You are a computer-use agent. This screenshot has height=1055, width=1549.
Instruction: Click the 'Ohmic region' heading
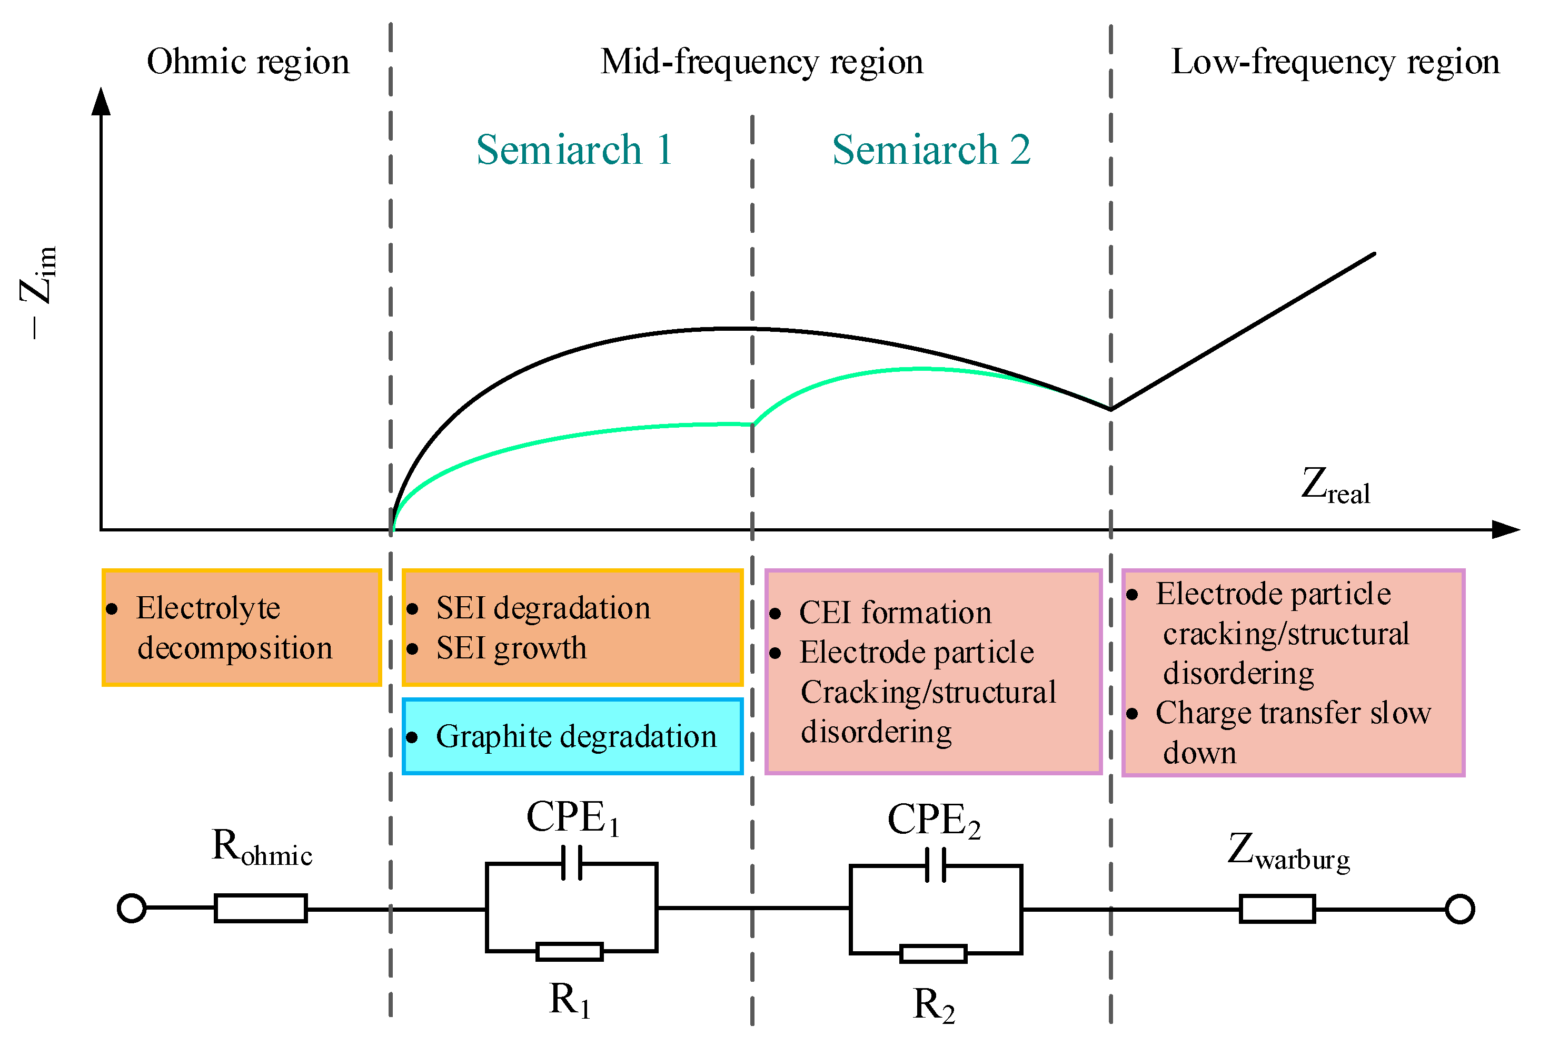[247, 62]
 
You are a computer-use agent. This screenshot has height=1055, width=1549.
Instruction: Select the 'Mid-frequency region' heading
[761, 62]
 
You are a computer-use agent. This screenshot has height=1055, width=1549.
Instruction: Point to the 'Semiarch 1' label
[574, 150]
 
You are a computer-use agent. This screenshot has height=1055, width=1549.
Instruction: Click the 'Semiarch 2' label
[930, 150]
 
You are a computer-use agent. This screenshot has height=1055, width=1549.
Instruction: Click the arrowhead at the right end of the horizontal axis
[1505, 529]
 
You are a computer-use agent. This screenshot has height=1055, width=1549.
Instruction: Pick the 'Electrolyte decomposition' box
[241, 627]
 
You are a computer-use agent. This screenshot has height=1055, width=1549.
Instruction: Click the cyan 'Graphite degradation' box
[572, 736]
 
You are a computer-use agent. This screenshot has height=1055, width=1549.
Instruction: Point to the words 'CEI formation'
[895, 612]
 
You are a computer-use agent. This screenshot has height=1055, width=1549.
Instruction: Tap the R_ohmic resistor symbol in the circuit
[261, 908]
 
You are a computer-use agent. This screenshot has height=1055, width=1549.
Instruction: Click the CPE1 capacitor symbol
[571, 863]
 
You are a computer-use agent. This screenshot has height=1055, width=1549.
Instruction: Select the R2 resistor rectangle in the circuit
[932, 954]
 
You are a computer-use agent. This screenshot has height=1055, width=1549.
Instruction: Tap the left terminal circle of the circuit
[131, 908]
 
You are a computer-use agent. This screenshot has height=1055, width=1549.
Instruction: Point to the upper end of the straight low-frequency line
[1373, 254]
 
